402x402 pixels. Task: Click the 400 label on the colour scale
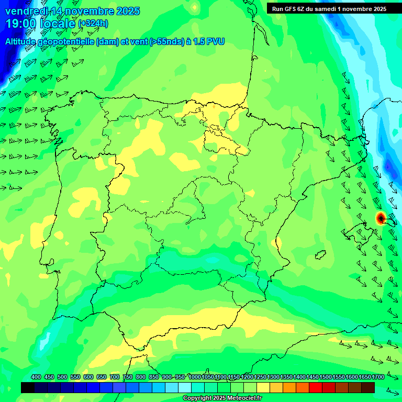coord(36,377)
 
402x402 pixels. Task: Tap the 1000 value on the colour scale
coord(194,377)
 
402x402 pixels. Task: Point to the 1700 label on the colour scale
coord(364,377)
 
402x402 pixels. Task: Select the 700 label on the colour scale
coord(115,377)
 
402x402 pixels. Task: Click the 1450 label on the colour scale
coord(312,377)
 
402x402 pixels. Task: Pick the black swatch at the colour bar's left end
coord(28,387)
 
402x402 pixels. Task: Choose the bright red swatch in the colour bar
coord(316,387)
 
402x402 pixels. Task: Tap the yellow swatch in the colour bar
coord(263,387)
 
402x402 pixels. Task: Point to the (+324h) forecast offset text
coord(93,24)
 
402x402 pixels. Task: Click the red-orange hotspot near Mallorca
coord(381,218)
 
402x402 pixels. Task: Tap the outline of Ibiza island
coord(320,255)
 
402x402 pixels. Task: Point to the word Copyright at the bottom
coord(198,398)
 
